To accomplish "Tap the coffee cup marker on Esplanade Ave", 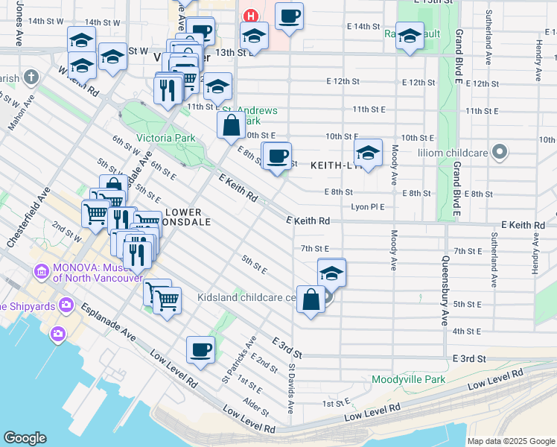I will pos(200,349).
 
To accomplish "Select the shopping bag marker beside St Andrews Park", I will pos(232,125).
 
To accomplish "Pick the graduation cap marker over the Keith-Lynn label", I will pos(368,153).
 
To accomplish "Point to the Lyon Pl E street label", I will pos(368,206).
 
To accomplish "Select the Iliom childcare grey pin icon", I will pos(500,153).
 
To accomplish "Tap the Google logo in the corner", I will pos(25,438).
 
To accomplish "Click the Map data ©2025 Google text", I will pos(511,441).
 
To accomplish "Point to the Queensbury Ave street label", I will pos(445,291).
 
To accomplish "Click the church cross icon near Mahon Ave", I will pos(31,77).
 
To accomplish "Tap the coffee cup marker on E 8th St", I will pos(278,156).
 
